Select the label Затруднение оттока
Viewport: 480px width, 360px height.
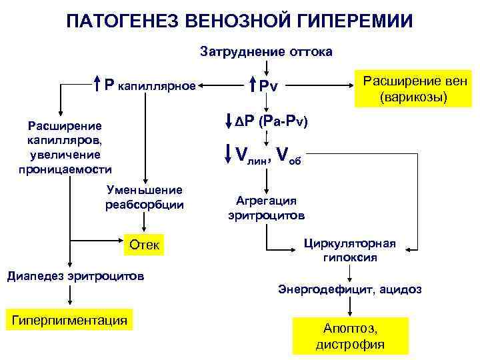click(x=266, y=51)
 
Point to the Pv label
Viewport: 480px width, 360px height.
click(x=269, y=87)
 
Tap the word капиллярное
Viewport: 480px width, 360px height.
click(x=156, y=86)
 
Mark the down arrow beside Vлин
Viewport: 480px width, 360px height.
click(x=228, y=153)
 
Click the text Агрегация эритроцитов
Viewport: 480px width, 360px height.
click(x=266, y=208)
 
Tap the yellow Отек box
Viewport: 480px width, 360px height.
click(x=144, y=245)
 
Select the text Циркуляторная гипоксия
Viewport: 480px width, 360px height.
click(x=350, y=250)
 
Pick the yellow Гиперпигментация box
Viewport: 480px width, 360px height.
click(x=69, y=321)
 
